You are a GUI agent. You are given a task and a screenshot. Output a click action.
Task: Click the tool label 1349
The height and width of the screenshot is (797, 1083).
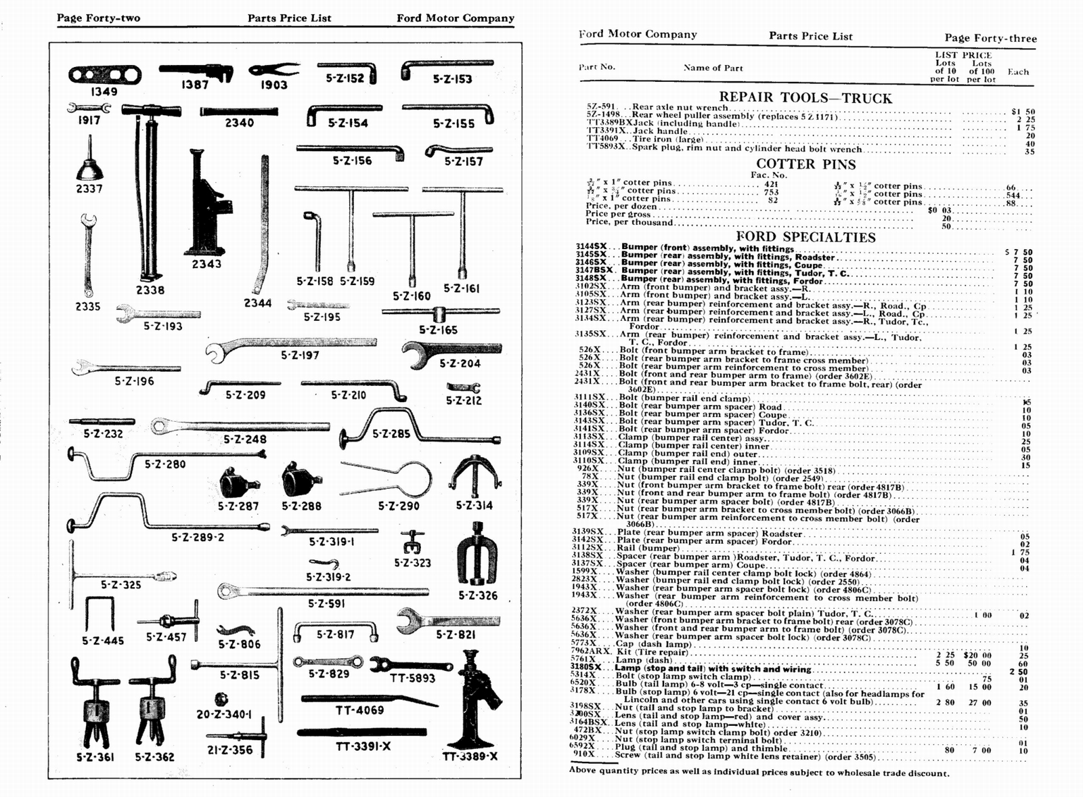coord(104,91)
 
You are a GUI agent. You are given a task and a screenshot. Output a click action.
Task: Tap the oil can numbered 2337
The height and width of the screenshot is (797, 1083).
coord(89,163)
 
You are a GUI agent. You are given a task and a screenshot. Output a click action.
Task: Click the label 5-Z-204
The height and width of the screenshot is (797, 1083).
coord(460,364)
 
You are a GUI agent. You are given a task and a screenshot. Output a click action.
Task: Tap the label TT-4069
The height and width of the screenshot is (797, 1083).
coord(359,710)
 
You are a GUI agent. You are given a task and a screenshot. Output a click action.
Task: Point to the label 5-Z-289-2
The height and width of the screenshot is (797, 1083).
coord(197,537)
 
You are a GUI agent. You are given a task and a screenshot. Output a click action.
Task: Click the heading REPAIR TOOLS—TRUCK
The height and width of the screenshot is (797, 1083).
coord(805,98)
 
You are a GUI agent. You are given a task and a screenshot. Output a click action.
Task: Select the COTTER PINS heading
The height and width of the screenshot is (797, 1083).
coord(805,164)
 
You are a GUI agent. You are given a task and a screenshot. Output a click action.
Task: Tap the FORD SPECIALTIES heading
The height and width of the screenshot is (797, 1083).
coord(805,237)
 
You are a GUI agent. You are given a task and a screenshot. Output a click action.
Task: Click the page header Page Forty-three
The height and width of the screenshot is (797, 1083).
coord(990,39)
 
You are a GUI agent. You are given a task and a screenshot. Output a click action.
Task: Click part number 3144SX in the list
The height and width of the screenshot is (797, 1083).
coord(591,248)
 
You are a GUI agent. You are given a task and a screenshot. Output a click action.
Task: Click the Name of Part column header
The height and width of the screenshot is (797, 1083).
coord(713,68)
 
